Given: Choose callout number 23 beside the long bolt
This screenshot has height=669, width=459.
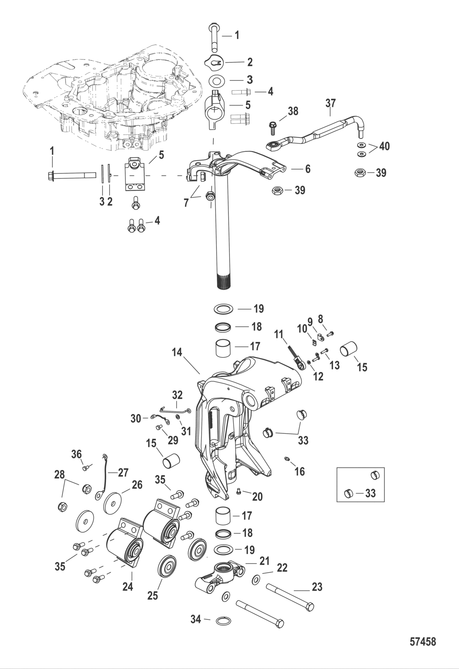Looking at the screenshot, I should pos(317,587).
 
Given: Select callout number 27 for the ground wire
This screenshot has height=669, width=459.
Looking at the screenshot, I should pos(123,472).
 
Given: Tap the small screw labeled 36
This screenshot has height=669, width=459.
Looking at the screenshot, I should pos(86,468).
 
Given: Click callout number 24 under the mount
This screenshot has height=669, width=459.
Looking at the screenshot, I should pos(127,587).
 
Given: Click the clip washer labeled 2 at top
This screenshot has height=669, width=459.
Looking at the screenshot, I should pos(215,62).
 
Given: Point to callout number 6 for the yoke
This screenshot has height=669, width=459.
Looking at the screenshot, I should pos(307,168).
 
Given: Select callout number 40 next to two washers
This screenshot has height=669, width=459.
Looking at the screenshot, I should pos(384,146).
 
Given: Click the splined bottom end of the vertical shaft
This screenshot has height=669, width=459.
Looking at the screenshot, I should pos(223,283).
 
